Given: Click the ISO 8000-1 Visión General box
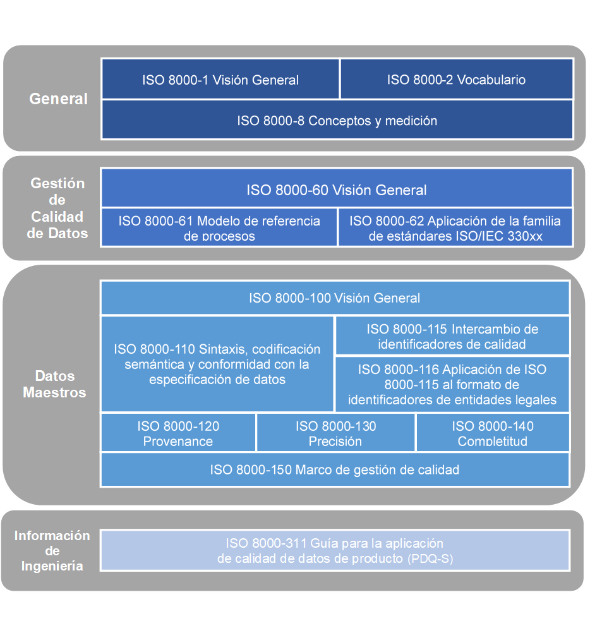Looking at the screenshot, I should coord(220,80).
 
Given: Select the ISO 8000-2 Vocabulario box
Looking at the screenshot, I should coord(456,80).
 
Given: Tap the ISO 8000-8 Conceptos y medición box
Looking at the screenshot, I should coord(337,120).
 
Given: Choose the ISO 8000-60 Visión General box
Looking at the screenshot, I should coord(337,190).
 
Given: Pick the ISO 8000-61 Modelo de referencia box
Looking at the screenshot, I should coord(219,227).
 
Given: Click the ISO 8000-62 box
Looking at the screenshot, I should coord(455,227).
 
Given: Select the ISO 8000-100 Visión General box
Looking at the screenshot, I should coord(334,298).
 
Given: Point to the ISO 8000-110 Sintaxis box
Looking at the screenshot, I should coord(217,365).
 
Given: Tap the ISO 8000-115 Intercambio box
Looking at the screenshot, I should coord(452,337).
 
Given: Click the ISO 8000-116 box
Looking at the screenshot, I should coord(452,384).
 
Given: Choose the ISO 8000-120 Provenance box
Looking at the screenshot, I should coord(178,433).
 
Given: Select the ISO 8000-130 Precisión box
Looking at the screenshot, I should coord(335,433).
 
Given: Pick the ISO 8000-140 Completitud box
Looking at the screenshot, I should coord(493,433).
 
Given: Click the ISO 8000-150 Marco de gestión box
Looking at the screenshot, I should coord(334,469).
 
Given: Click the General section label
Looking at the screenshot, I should coord(59,99).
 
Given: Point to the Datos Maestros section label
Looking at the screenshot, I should coord(54,384).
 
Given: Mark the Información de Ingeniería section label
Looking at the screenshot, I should coord(52,551).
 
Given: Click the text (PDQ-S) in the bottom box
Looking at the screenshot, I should coord(430,559).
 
